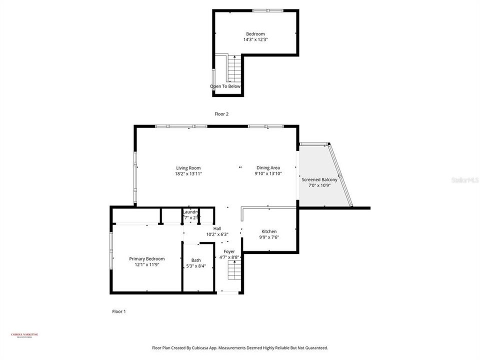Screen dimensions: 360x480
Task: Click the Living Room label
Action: click(x=188, y=168)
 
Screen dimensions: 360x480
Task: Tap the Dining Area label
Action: click(x=268, y=168)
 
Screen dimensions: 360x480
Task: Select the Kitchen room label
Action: click(x=269, y=231)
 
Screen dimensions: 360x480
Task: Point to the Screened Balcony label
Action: click(x=319, y=179)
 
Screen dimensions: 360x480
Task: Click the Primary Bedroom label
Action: click(x=147, y=259)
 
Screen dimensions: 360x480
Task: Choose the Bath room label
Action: click(x=196, y=260)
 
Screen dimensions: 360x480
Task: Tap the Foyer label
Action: click(x=229, y=251)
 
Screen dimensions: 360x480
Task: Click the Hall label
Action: click(x=217, y=228)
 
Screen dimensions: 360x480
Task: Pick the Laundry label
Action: click(x=190, y=212)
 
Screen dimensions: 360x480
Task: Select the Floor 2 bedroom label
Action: click(x=255, y=34)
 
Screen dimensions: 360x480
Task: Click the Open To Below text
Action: click(x=225, y=86)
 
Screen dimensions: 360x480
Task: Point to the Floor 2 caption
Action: click(x=221, y=114)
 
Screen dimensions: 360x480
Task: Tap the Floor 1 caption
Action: click(x=119, y=311)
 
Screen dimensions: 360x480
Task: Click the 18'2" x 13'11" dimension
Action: click(x=188, y=174)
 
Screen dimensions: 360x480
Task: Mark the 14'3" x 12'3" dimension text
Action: click(x=255, y=39)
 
